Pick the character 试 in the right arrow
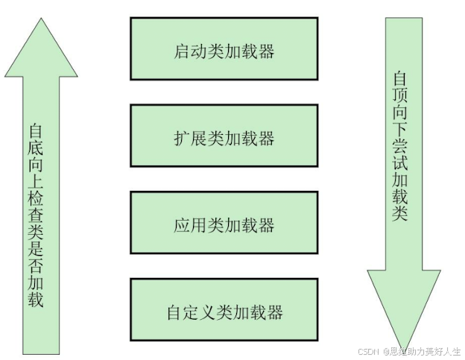tap(400, 162)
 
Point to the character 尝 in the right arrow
tap(400, 145)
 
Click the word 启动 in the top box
tap(191, 51)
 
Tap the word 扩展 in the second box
tap(191, 139)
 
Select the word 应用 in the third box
tap(191, 225)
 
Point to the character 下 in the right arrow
tap(400, 128)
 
